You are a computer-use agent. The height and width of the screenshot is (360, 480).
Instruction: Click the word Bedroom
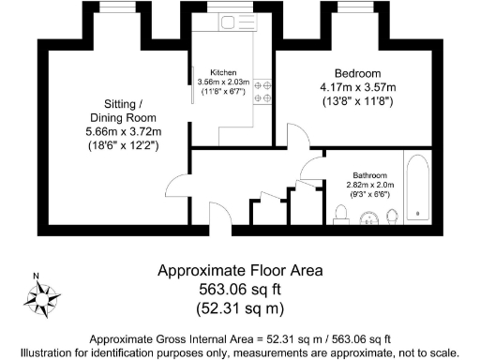(x=356, y=74)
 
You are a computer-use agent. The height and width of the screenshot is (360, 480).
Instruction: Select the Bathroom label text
(x=371, y=175)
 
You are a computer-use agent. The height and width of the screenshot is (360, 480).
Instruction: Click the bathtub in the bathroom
(x=416, y=191)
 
